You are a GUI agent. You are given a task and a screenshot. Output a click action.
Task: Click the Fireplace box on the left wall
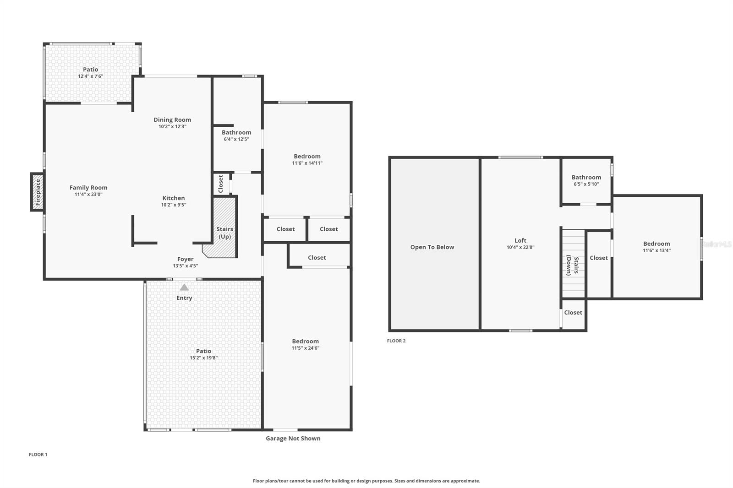click(x=38, y=192)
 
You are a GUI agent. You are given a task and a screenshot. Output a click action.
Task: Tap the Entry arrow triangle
click(x=184, y=287)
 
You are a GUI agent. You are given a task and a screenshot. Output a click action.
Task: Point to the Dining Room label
click(x=172, y=119)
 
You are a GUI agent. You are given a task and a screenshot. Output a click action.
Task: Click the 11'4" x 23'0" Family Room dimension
click(x=88, y=194)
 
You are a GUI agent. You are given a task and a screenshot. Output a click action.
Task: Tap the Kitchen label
click(x=174, y=198)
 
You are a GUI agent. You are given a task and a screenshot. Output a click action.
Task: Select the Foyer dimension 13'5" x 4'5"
click(x=185, y=266)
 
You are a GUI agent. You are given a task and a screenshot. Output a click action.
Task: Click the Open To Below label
click(x=432, y=247)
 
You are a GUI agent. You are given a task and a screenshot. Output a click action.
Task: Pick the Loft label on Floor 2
click(x=520, y=240)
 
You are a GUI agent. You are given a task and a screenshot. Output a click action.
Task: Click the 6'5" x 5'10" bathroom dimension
click(x=586, y=184)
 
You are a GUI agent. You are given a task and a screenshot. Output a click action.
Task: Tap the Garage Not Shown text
click(x=293, y=439)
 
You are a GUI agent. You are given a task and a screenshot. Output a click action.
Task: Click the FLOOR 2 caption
click(x=396, y=341)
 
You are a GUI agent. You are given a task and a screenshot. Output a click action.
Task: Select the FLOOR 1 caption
click(x=38, y=455)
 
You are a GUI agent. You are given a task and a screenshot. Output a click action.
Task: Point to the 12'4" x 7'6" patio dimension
click(x=90, y=76)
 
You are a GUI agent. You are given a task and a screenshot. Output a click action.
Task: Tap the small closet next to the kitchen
click(x=221, y=184)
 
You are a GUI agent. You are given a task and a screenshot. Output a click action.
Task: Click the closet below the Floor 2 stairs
click(x=573, y=313)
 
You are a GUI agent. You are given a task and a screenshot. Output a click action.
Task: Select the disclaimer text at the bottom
click(x=366, y=481)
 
